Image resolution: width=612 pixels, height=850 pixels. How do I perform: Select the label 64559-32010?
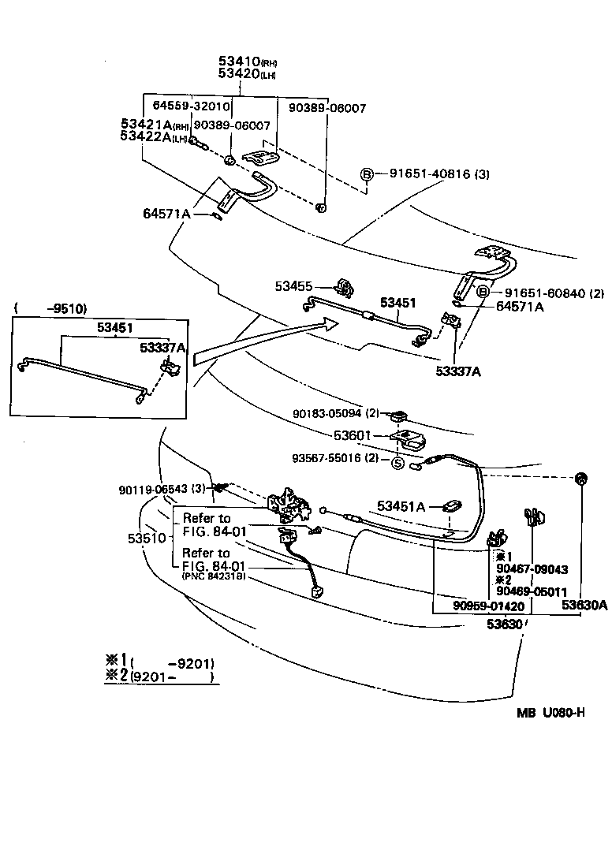[191, 106]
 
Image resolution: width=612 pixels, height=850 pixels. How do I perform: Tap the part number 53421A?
[146, 125]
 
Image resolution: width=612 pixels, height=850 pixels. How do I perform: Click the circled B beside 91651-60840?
[483, 293]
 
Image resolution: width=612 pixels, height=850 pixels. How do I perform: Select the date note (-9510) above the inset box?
[56, 308]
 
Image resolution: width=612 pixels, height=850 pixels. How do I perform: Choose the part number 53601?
[350, 435]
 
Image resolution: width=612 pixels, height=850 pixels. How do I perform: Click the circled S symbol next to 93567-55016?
[398, 463]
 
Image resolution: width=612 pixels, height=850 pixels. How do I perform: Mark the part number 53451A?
[401, 506]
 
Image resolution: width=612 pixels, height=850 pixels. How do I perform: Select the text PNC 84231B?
[214, 576]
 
